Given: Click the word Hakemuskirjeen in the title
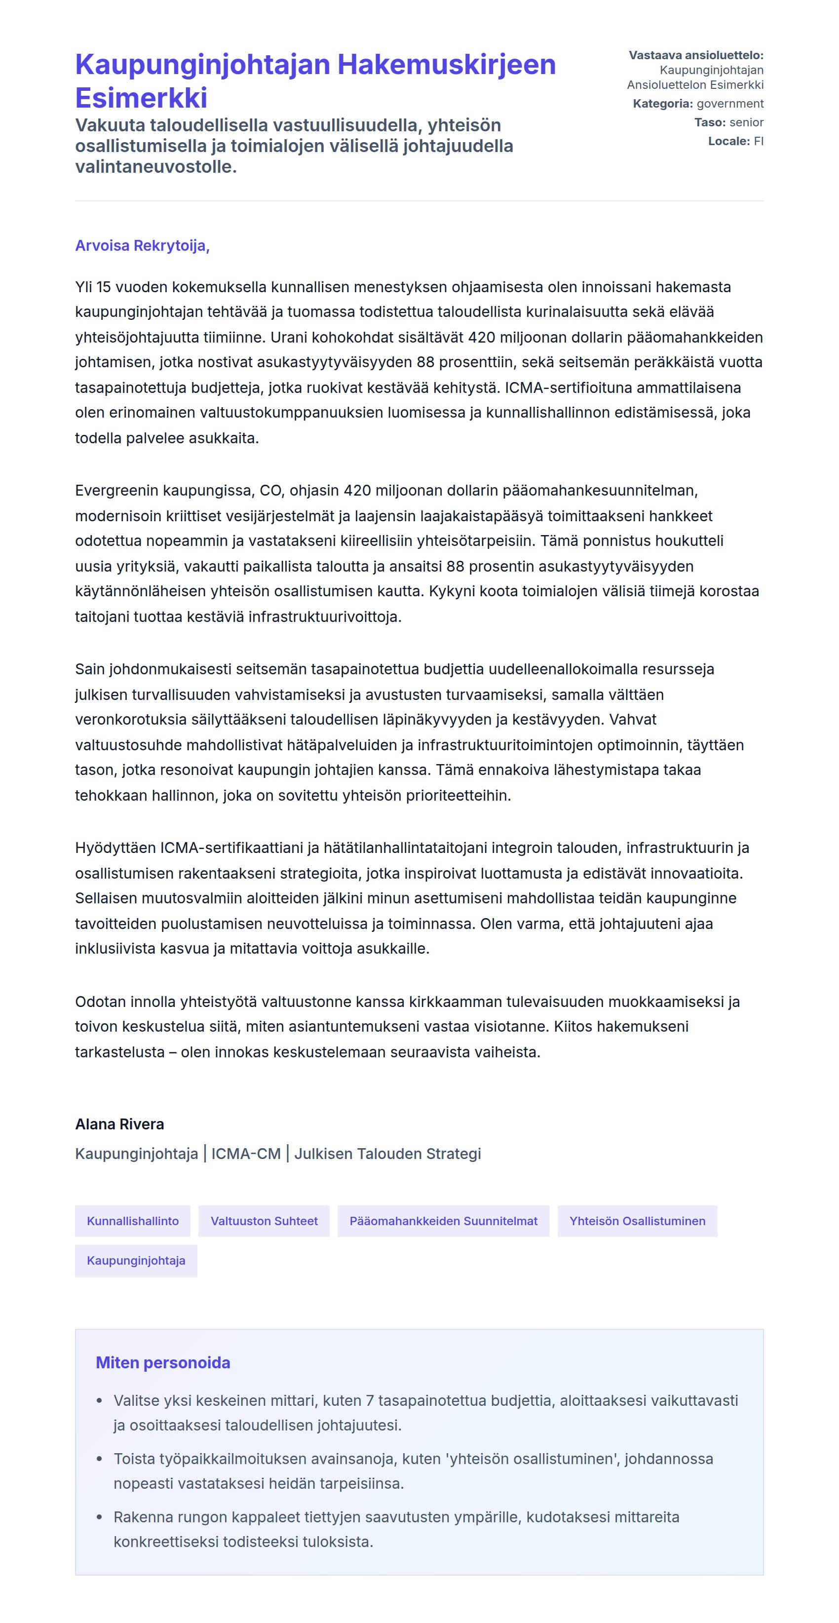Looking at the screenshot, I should (447, 65).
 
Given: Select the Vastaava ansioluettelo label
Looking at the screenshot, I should (695, 55).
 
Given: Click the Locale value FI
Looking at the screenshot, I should (759, 141).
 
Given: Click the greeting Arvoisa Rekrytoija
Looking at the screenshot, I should (142, 246).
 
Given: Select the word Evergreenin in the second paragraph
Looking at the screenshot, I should (116, 490).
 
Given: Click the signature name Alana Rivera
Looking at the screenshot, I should (119, 1124).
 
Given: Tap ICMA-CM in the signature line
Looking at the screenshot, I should (246, 1154).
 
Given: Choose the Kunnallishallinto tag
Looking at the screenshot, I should (133, 1221).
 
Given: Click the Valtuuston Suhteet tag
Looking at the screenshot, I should (264, 1221).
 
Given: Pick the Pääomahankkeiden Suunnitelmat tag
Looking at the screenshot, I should (443, 1221).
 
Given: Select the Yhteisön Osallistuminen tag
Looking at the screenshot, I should (637, 1221).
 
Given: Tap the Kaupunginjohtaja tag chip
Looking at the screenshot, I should (136, 1261).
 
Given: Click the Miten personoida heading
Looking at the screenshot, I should (162, 1363).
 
